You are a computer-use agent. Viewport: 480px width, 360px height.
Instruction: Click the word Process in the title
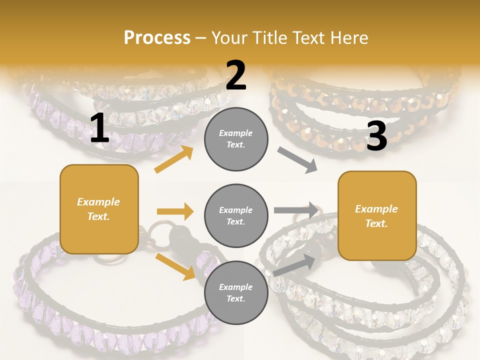click(157, 37)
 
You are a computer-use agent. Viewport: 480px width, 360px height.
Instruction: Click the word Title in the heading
click(269, 37)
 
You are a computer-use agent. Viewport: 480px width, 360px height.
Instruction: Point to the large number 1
click(99, 128)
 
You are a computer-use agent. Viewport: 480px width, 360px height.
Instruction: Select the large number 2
click(236, 76)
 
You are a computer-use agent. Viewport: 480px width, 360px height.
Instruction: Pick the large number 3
click(376, 136)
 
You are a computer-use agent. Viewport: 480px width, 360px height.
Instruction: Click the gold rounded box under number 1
click(99, 209)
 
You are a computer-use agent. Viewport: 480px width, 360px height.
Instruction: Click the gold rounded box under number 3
click(377, 215)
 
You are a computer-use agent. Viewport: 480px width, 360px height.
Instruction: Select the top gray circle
click(236, 139)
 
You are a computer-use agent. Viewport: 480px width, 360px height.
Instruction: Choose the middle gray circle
click(236, 215)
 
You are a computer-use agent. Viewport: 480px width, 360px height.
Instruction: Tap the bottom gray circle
click(236, 292)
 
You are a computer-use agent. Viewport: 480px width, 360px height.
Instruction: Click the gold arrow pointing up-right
click(174, 159)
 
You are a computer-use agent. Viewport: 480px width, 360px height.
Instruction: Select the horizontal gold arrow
click(175, 211)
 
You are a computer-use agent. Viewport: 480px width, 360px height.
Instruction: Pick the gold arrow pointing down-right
click(175, 266)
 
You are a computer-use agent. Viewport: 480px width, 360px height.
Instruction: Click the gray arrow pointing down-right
click(297, 160)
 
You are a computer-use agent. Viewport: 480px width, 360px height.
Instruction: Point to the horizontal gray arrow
click(296, 210)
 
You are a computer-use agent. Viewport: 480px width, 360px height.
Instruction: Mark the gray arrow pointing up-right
click(294, 264)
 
